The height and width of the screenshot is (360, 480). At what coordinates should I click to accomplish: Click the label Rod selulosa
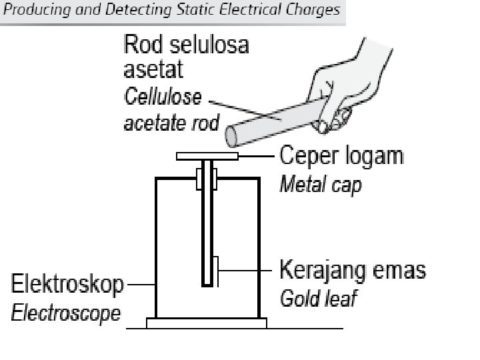(187, 45)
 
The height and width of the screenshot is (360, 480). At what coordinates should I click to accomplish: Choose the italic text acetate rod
(171, 123)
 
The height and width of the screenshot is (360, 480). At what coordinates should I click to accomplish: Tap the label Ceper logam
(341, 156)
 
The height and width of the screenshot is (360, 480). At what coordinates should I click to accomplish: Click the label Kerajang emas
(352, 271)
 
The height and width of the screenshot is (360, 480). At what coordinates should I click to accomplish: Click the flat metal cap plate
(207, 156)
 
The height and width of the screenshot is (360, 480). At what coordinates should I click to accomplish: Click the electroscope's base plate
(207, 323)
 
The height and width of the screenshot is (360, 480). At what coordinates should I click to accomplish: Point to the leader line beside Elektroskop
(140, 285)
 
